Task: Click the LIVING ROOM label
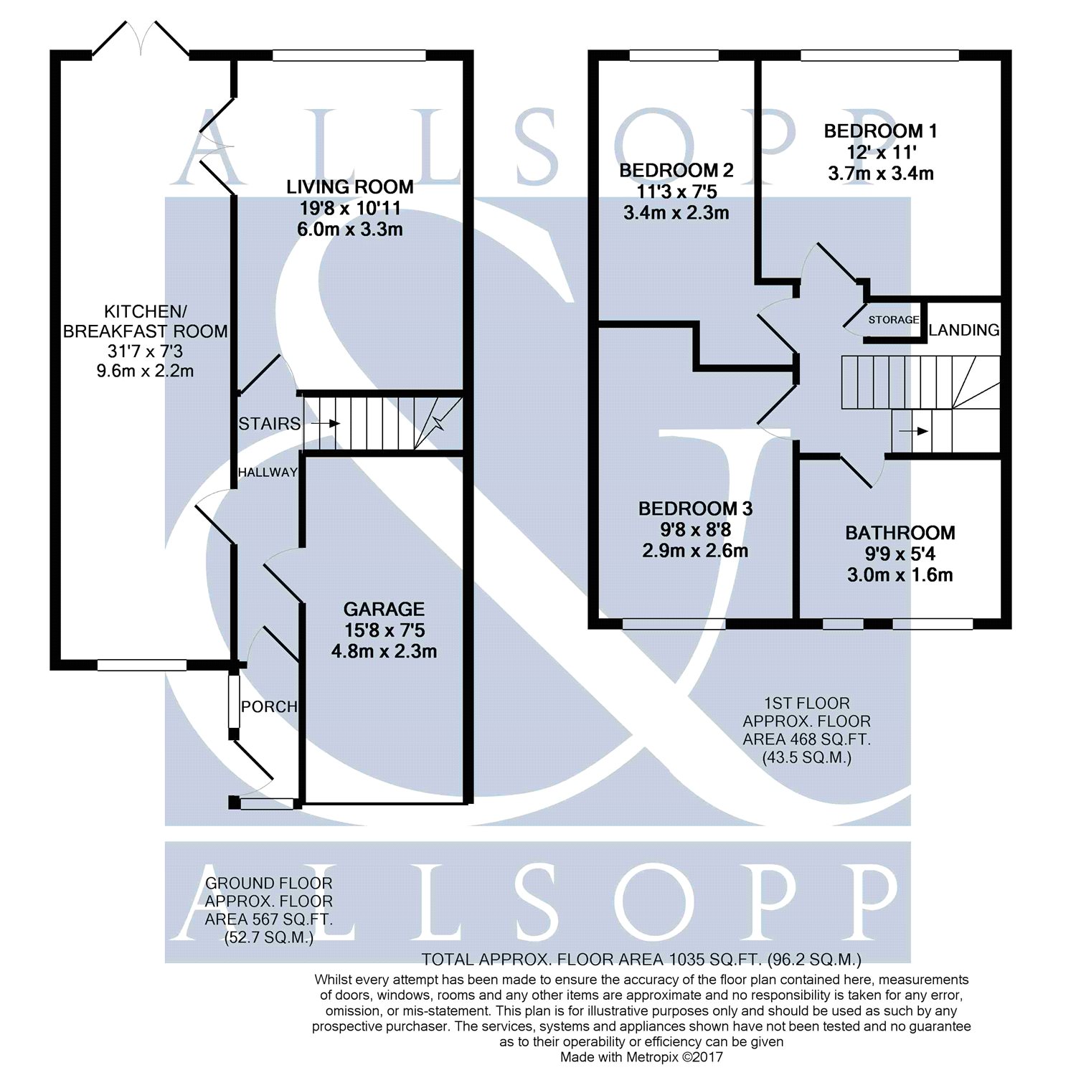(x=350, y=187)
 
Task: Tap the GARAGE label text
(x=384, y=610)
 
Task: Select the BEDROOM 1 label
(x=880, y=131)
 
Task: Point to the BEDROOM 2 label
(x=676, y=171)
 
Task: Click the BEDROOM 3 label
(x=695, y=509)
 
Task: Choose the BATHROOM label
(x=900, y=533)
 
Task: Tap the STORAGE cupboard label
(x=894, y=320)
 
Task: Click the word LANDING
(x=964, y=330)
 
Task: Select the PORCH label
(x=269, y=706)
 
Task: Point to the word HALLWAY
(x=268, y=472)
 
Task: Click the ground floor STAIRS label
(x=270, y=424)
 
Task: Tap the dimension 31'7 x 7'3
(x=146, y=351)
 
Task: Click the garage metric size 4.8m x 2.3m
(x=384, y=652)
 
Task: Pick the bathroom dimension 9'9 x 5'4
(x=900, y=554)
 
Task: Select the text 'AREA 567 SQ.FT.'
(x=268, y=919)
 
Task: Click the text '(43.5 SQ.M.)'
(x=807, y=757)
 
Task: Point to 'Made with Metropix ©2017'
(x=641, y=1057)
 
